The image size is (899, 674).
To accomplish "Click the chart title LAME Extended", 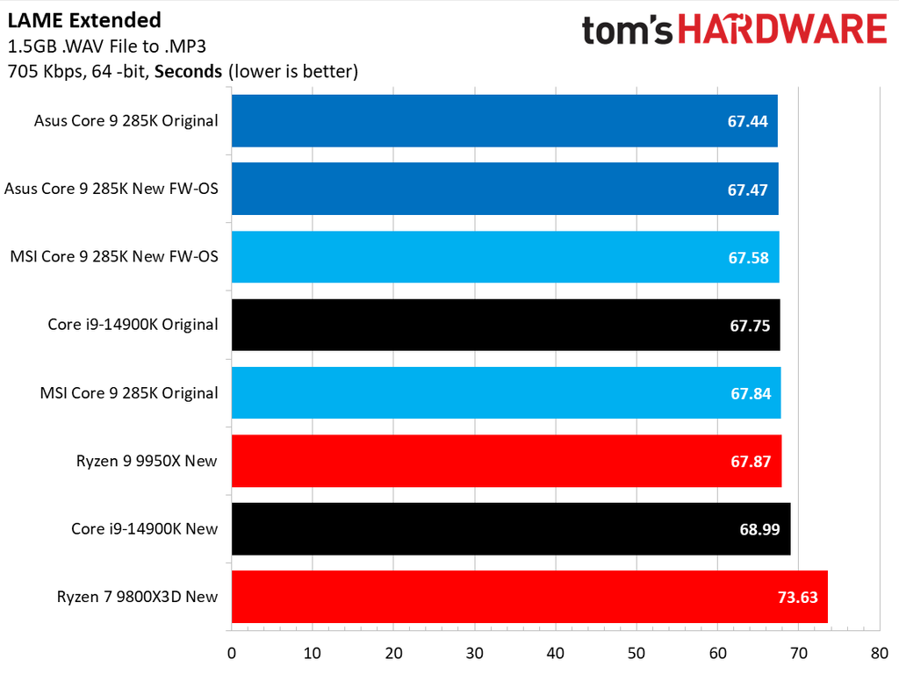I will pyautogui.click(x=84, y=20).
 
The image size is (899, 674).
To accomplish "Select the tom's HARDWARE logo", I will pyautogui.click(x=734, y=31).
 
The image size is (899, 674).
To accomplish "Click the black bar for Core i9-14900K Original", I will pyautogui.click(x=506, y=325).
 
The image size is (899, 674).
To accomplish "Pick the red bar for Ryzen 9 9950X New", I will pyautogui.click(x=506, y=461).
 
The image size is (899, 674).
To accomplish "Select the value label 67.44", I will pyautogui.click(x=748, y=121).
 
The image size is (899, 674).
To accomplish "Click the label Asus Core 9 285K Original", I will pyautogui.click(x=126, y=121).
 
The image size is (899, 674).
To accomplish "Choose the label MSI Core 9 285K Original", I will pyautogui.click(x=129, y=393).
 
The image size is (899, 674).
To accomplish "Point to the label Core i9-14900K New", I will pyautogui.click(x=145, y=529).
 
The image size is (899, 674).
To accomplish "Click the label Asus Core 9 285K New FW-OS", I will pyautogui.click(x=111, y=189).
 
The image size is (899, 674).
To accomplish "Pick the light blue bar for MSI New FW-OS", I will pyautogui.click(x=505, y=257).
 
